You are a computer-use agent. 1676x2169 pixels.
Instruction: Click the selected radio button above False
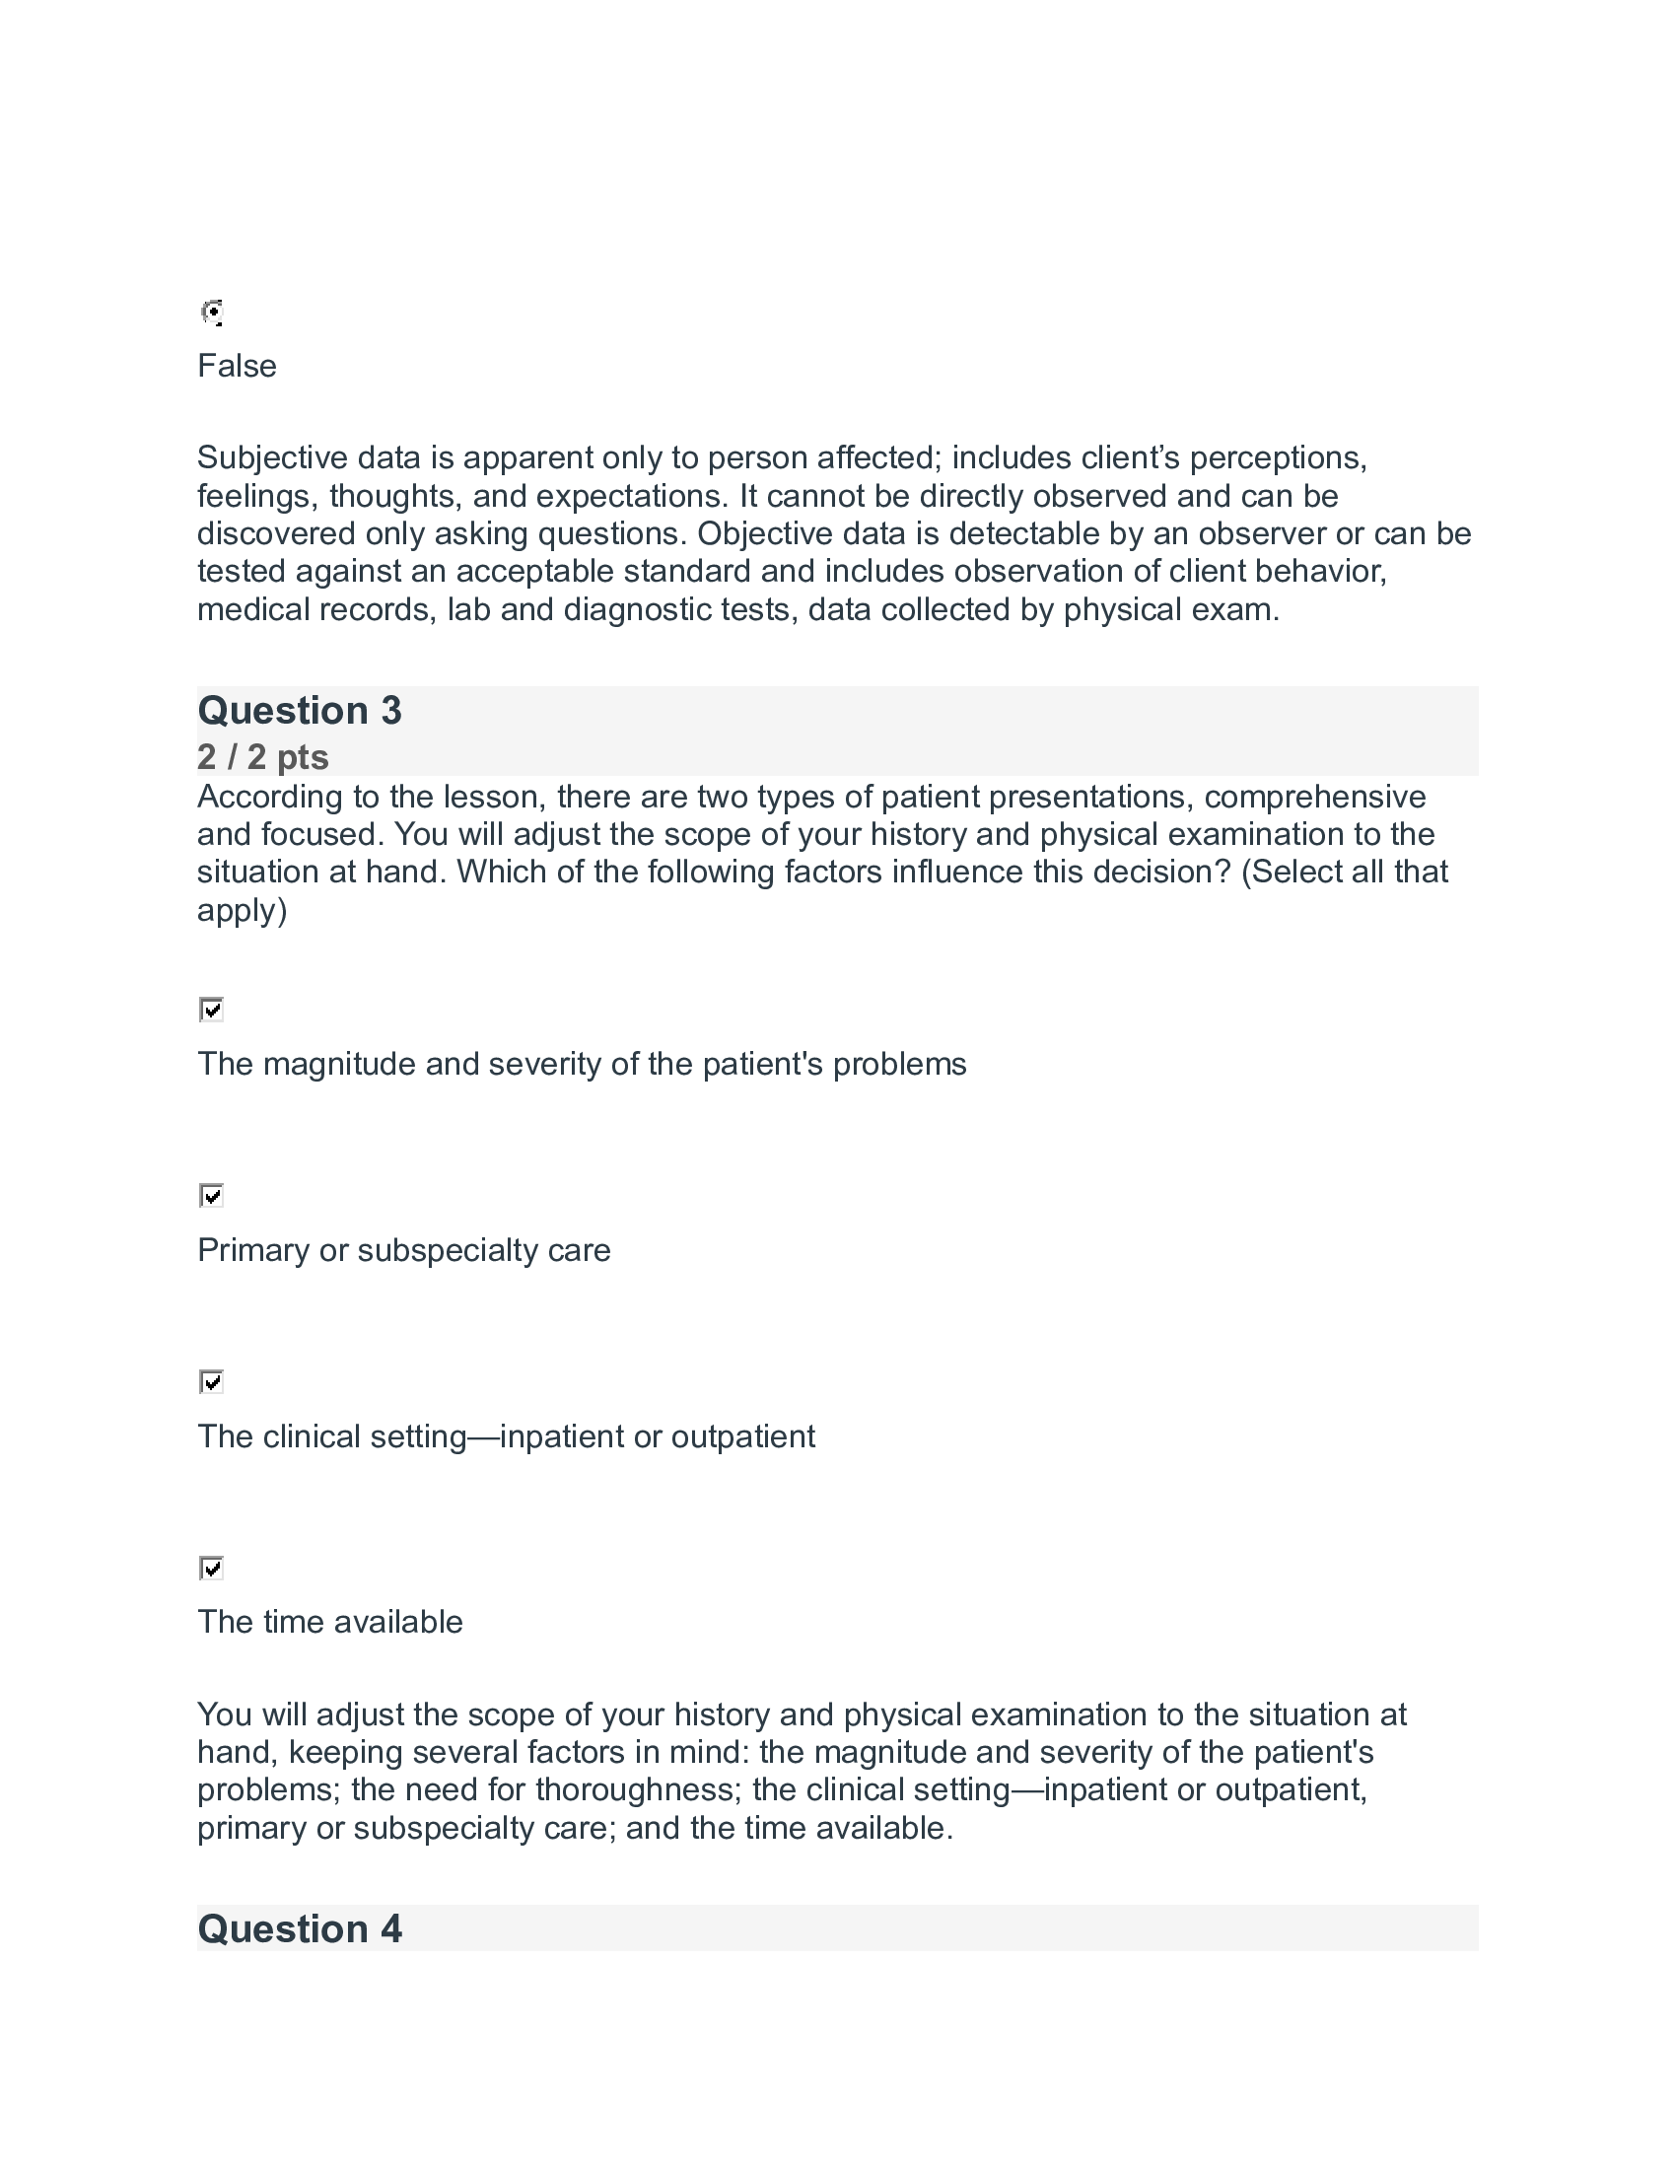(x=212, y=313)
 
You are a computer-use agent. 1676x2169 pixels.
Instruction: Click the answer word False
(x=237, y=367)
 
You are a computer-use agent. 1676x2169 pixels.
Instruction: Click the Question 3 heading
(x=299, y=711)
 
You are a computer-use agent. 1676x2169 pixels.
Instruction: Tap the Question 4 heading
(x=299, y=1928)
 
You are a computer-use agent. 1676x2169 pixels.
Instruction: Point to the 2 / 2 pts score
(x=262, y=757)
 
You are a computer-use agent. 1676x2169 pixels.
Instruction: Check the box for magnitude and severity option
(x=212, y=1010)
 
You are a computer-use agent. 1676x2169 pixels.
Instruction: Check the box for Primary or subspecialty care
(x=212, y=1196)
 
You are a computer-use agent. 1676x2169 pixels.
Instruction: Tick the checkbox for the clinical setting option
(x=212, y=1382)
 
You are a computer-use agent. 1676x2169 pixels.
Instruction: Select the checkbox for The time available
(x=212, y=1569)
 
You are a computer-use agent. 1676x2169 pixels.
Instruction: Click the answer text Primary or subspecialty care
(x=403, y=1250)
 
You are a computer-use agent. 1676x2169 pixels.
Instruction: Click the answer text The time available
(x=329, y=1623)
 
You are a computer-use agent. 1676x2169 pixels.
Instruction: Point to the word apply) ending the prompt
(x=242, y=911)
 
